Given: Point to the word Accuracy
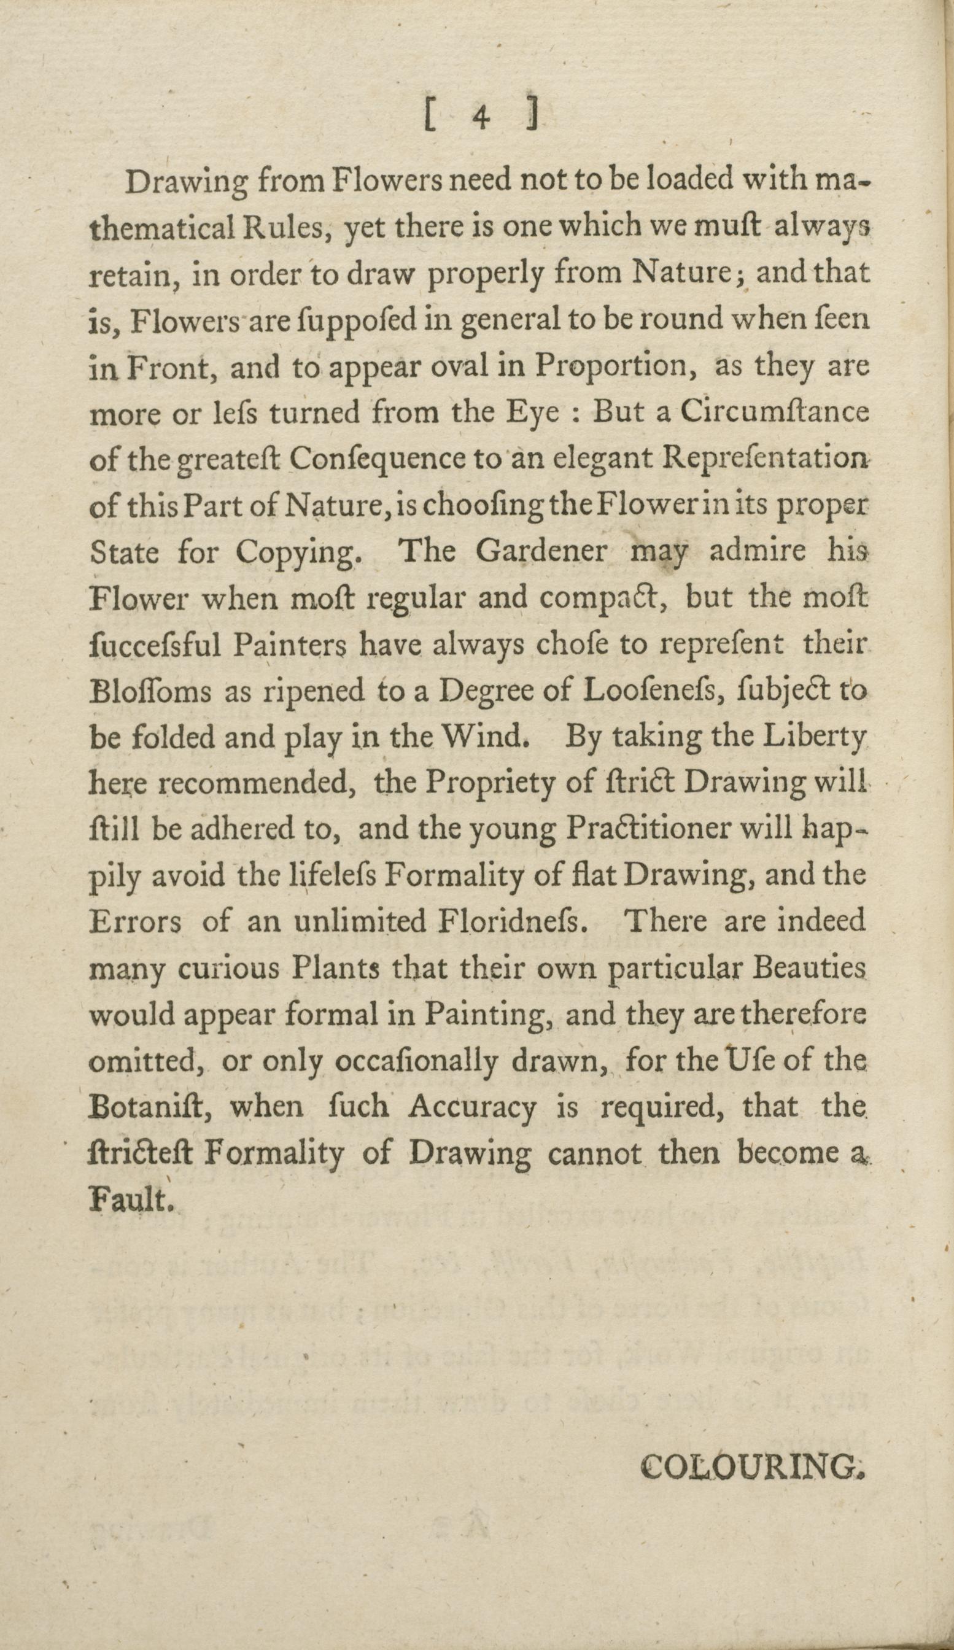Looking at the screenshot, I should (471, 1107).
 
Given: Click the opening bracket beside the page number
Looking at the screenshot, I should (430, 118).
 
